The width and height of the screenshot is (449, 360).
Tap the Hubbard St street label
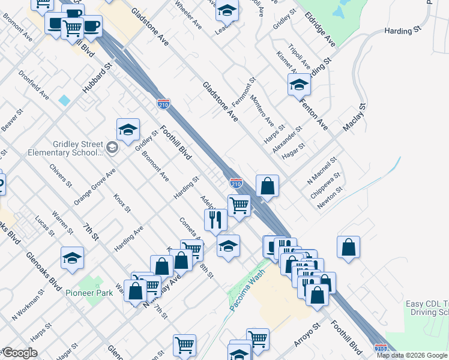pos(98,79)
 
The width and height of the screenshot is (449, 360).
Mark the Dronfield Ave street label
pos(34,85)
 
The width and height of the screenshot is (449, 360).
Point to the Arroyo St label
pos(308,330)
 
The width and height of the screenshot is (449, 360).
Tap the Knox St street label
pos(122,203)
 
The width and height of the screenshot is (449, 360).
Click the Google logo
pos(20,353)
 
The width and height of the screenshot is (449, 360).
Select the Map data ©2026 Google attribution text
pos(412,355)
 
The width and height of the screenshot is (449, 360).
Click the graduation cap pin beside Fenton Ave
pos(299,85)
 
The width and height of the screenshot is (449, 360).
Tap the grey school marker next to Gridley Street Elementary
pos(112,147)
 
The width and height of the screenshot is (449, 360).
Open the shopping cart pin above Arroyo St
pos(258,338)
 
